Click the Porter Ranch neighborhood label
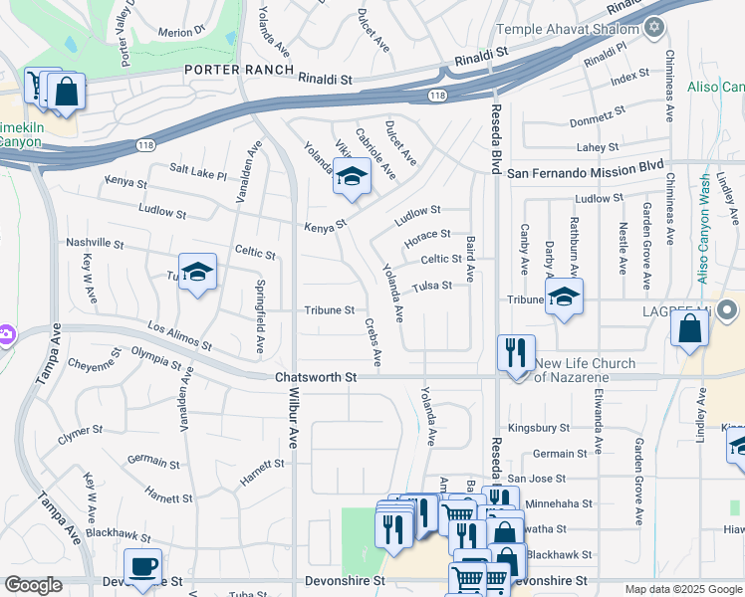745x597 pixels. pos(239,70)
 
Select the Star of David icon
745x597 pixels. pos(654,26)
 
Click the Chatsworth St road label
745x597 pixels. pos(316,378)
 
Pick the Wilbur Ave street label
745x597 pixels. pos(293,418)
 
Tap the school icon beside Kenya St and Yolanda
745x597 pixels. pos(351,177)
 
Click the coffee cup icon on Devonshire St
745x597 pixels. pos(142,566)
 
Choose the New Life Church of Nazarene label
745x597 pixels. pos(585,370)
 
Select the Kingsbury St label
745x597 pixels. pos(538,428)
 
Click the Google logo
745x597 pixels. pos(33,585)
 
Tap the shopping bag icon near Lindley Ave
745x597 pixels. pos(690,328)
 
